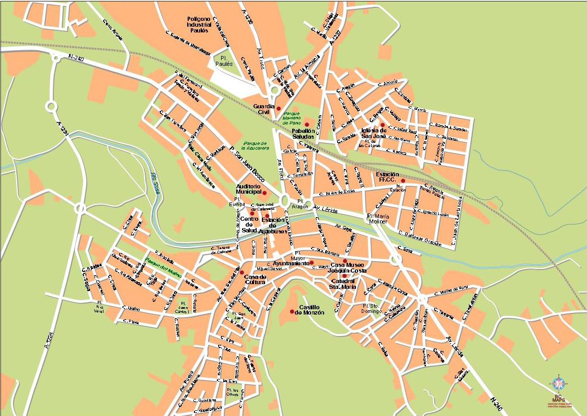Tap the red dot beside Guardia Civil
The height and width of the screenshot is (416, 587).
pyautogui.click(x=279, y=108)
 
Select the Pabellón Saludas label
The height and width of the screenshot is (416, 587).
pyautogui.click(x=303, y=133)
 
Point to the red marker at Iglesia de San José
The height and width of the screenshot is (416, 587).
pyautogui.click(x=382, y=125)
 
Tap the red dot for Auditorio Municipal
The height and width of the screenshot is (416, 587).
pyautogui.click(x=264, y=193)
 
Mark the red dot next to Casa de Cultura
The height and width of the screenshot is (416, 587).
pyautogui.click(x=241, y=272)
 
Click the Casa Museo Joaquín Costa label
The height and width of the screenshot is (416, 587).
pyautogui.click(x=346, y=268)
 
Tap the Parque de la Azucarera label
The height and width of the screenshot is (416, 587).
pyautogui.click(x=255, y=145)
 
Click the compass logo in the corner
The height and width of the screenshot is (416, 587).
pyautogui.click(x=559, y=384)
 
